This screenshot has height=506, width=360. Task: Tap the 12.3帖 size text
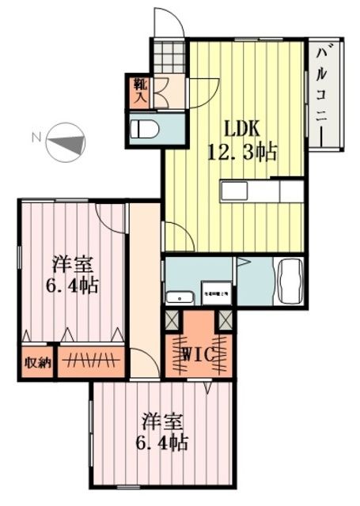click(x=242, y=153)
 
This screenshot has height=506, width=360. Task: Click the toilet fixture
click(x=146, y=129)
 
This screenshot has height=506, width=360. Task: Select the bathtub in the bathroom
click(x=287, y=281)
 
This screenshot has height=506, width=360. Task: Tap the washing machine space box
click(x=215, y=293)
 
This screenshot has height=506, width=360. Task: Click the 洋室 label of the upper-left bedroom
click(x=70, y=263)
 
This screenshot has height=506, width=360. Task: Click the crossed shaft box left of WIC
click(x=172, y=321)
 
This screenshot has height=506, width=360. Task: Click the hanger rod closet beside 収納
click(x=92, y=361)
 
